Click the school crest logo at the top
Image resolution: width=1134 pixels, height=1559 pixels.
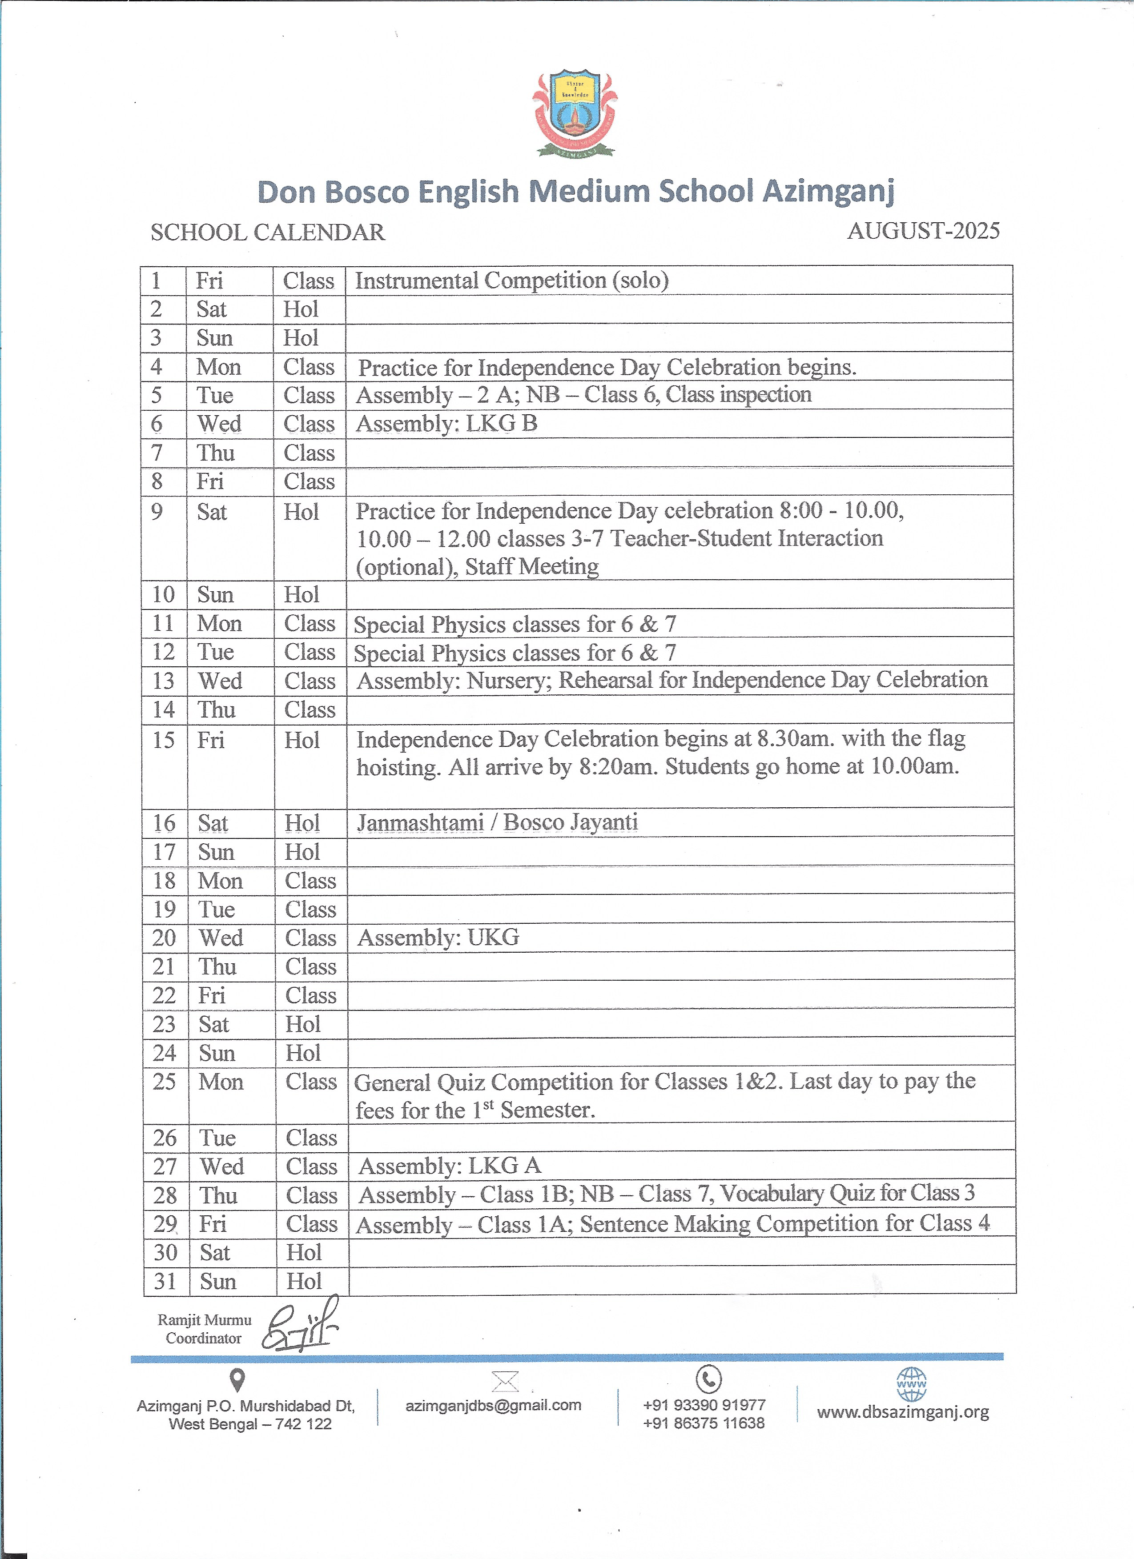click(x=574, y=113)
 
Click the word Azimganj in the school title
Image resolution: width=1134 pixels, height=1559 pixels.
click(x=828, y=192)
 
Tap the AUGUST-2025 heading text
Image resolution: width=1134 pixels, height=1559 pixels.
click(x=923, y=231)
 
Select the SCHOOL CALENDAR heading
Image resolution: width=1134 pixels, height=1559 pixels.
click(x=268, y=232)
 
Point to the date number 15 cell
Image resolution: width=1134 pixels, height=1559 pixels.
click(x=164, y=740)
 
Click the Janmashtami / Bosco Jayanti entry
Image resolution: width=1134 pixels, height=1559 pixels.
click(x=497, y=822)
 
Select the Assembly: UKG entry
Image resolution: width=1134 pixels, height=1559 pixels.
click(x=438, y=938)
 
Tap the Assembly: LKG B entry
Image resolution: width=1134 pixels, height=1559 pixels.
click(x=446, y=424)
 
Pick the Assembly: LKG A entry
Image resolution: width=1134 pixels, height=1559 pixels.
click(x=450, y=1166)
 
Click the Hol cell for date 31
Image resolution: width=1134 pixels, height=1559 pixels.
click(x=304, y=1281)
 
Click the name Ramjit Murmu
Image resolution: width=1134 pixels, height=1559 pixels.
click(x=204, y=1320)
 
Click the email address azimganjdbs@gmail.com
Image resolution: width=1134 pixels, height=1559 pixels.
click(x=493, y=1405)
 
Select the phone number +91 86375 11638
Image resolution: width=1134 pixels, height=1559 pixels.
click(x=704, y=1423)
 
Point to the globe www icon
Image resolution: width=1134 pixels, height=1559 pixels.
click(x=911, y=1384)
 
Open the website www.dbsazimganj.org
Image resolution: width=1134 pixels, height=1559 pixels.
click(x=903, y=1413)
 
